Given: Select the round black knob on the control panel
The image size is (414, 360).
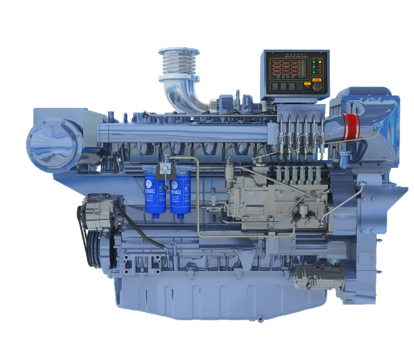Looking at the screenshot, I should pos(316,87).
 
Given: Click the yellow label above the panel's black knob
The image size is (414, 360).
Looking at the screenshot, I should pos(316,78).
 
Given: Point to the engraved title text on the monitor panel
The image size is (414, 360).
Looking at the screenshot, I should pos(294,56).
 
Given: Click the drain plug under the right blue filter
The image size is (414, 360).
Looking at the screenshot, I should pos(180,219).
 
